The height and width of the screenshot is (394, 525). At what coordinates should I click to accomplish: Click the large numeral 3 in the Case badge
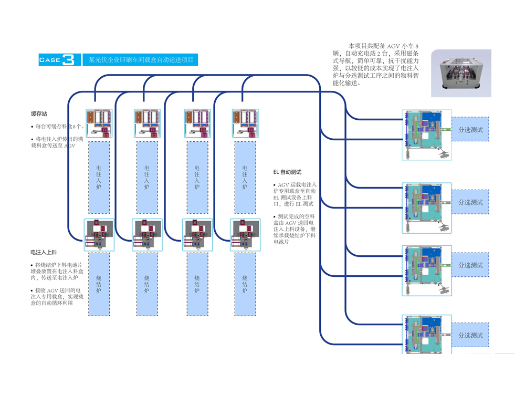69,60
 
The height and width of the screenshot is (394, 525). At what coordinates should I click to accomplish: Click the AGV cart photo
461,74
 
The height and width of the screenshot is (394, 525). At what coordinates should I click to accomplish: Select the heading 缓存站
39,113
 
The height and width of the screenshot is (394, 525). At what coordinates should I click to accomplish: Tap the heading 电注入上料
44,253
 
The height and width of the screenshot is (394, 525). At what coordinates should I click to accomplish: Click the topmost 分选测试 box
470,129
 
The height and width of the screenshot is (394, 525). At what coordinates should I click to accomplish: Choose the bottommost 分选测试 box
470,335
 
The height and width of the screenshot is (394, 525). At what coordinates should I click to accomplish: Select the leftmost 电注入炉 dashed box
99,177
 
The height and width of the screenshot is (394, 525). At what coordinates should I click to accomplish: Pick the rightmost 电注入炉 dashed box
245,177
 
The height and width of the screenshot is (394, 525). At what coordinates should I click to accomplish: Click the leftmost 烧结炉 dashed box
99,284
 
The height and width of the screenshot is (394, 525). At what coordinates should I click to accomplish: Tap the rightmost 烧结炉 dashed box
245,284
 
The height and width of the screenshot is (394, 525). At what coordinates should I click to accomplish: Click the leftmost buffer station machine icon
99,124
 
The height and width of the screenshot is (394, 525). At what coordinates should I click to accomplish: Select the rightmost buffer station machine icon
245,124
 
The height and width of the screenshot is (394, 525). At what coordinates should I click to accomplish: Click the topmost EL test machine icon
426,134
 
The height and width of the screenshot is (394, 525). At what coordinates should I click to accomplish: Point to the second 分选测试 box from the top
470,202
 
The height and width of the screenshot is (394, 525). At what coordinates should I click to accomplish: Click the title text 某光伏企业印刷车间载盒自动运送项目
141,60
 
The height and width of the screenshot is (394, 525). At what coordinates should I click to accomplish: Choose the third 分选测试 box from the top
470,265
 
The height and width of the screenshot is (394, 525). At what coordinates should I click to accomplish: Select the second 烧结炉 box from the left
147,284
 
